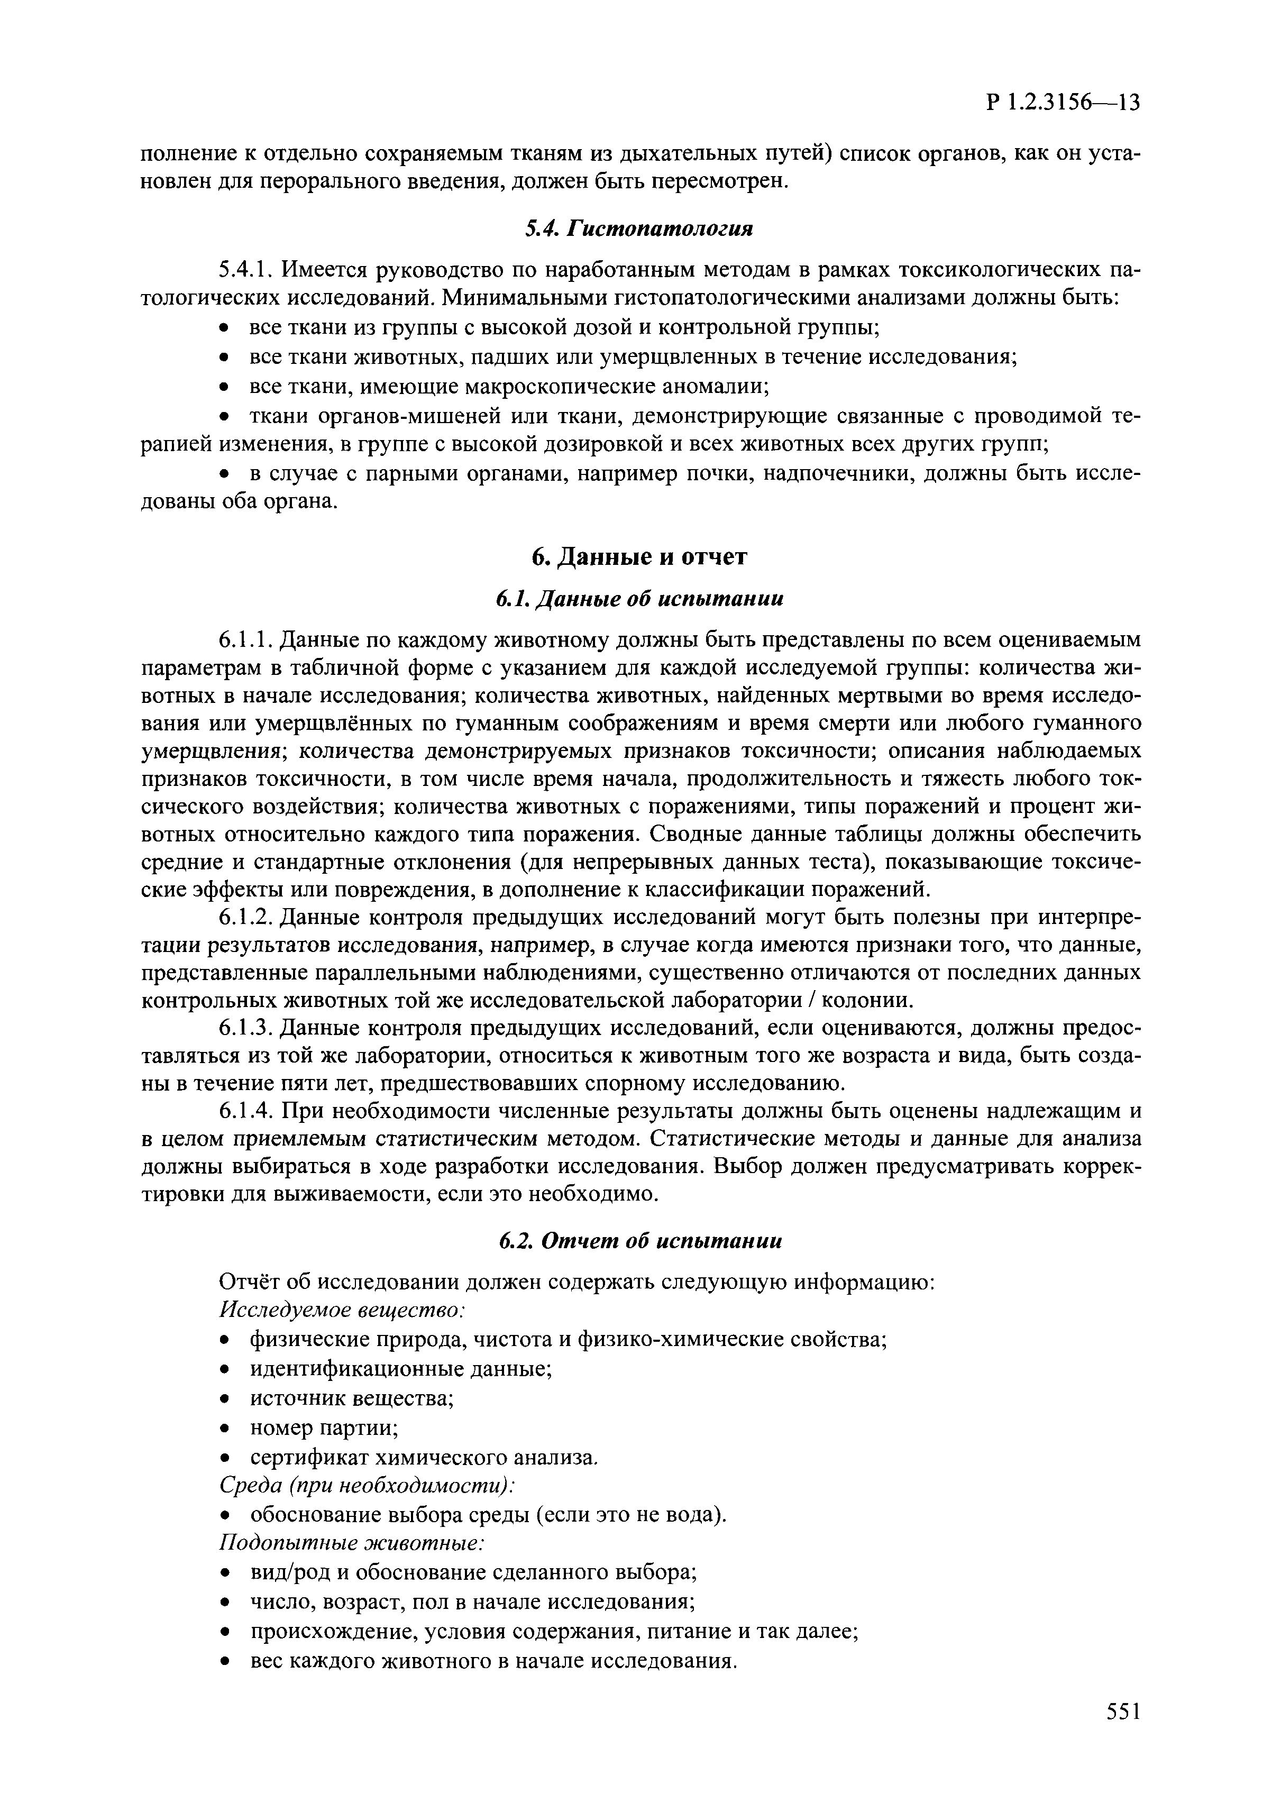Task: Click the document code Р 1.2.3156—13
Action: [x=1063, y=103]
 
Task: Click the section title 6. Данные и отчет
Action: [x=639, y=557]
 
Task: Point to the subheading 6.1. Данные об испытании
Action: [x=639, y=600]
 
